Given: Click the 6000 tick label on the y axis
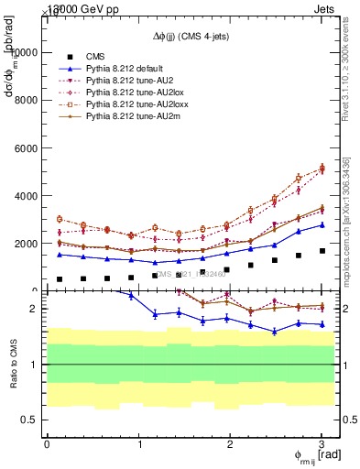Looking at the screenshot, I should click(x=28, y=148).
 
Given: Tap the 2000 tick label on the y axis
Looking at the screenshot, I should click(x=28, y=244).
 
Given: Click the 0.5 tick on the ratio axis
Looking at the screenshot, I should click(x=32, y=420).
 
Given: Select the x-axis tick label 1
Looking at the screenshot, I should click(x=139, y=443).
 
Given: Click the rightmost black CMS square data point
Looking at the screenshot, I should click(x=322, y=251).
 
